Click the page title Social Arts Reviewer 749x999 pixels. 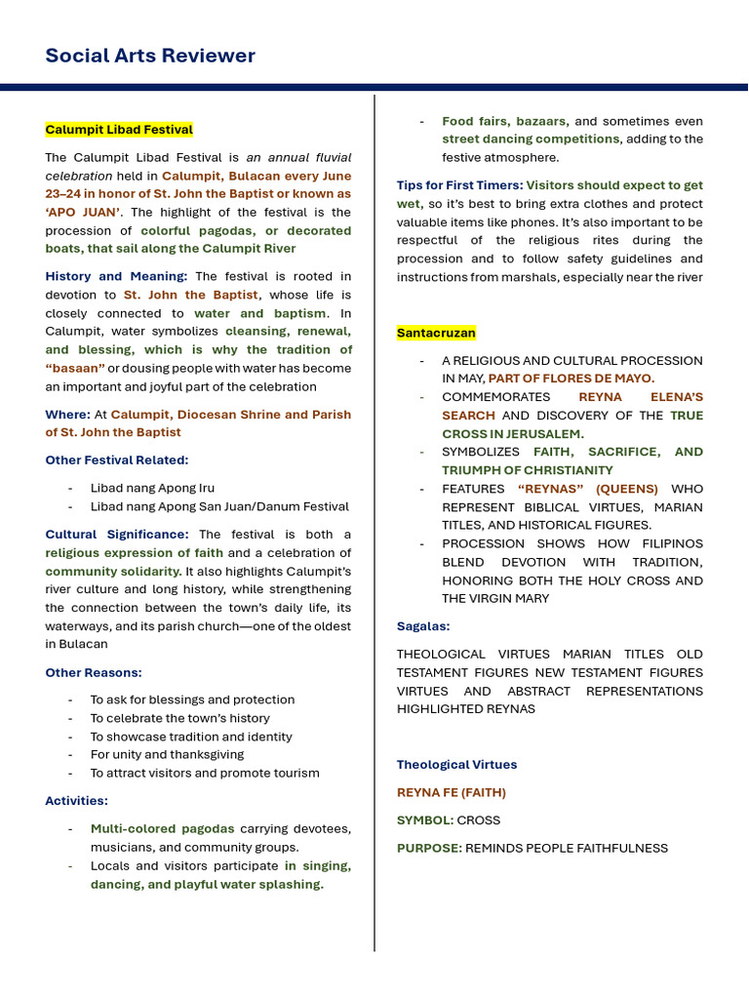pos(150,56)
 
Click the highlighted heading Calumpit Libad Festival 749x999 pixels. pos(119,130)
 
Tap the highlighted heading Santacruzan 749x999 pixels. pos(436,333)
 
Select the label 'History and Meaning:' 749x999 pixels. pos(116,276)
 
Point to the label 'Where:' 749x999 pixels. pos(67,415)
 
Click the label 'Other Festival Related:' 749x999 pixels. pos(117,460)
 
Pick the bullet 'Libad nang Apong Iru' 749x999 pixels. pos(152,488)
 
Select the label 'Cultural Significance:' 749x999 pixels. pos(117,535)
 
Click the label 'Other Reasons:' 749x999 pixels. pos(94,672)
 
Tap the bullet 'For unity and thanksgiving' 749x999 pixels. pos(167,754)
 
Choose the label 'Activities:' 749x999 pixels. pos(77,801)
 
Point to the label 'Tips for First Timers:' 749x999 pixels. pos(459,185)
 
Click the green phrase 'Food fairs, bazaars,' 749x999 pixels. pos(505,121)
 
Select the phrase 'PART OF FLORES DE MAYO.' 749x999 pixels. pos(572,379)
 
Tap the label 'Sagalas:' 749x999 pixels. pos(423,626)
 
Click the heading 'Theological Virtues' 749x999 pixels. pos(456,765)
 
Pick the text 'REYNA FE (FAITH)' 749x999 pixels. pos(451,792)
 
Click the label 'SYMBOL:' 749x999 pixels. pos(425,820)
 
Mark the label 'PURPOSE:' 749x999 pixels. pos(429,848)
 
